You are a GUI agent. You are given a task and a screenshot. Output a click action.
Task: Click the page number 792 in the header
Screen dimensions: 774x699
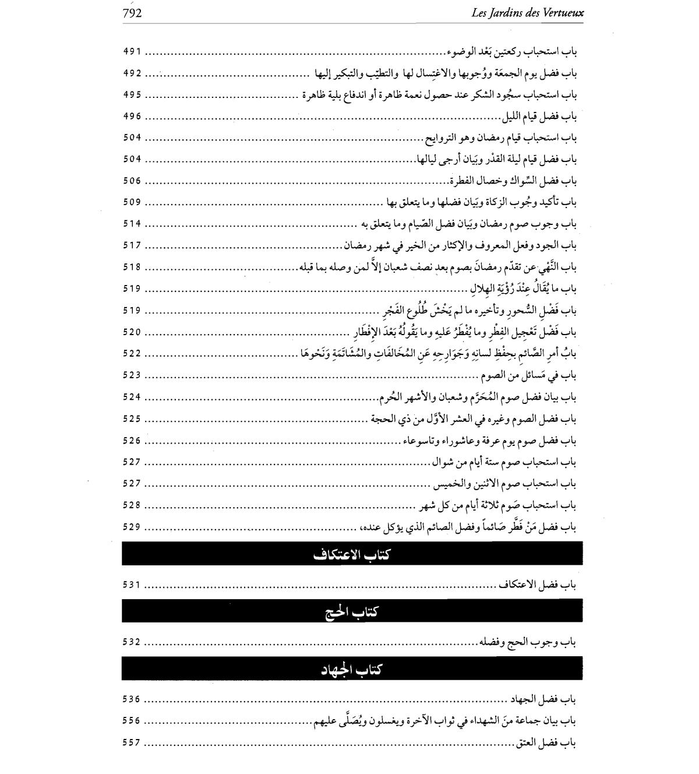coord(132,13)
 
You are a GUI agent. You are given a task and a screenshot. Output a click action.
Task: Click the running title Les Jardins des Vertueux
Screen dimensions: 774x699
coord(527,13)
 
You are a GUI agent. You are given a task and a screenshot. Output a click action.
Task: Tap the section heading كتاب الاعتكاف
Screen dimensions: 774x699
coord(352,554)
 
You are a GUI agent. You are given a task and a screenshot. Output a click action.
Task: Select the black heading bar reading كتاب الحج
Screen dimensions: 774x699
coord(352,611)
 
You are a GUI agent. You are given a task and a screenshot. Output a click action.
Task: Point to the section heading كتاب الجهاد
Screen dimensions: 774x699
coord(352,669)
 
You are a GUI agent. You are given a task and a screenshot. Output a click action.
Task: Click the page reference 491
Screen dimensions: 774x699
coord(132,51)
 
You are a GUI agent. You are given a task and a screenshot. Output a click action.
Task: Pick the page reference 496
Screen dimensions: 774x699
coord(132,116)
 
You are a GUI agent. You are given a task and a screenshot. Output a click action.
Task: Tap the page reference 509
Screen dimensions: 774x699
coord(132,202)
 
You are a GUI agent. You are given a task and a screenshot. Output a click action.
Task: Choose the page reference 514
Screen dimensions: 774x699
coord(132,224)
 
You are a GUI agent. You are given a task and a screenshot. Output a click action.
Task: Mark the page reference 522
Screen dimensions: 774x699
coord(132,354)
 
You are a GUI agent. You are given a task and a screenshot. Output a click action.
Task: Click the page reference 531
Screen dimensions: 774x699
coord(132,585)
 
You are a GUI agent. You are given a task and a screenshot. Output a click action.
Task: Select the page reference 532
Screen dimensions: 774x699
coord(132,642)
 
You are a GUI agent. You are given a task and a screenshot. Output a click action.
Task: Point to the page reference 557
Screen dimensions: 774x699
coord(132,743)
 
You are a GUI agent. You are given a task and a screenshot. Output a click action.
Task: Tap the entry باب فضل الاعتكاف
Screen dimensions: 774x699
coord(538,585)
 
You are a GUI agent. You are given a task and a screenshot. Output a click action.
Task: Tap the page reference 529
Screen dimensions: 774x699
coord(132,527)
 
